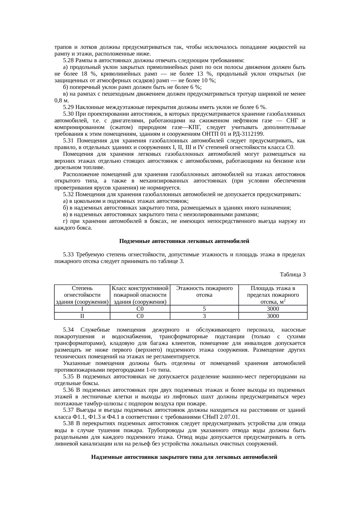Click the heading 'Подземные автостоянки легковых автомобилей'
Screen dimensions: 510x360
tap(184, 241)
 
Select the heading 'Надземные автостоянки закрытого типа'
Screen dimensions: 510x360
tap(184, 457)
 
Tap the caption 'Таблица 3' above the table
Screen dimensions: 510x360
tap(292, 274)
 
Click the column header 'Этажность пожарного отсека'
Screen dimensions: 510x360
tap(204, 291)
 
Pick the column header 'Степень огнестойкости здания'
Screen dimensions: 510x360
tap(82, 295)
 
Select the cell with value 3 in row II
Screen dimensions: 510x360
tap(204, 316)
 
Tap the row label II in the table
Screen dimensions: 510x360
tap(82, 316)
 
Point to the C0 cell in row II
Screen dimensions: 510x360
tap(140, 316)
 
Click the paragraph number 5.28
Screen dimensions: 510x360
tap(68, 60)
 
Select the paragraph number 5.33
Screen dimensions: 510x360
tap(68, 255)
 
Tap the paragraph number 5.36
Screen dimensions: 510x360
tap(68, 390)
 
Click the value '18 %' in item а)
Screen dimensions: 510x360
tap(87, 74)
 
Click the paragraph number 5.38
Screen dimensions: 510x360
tap(68, 424)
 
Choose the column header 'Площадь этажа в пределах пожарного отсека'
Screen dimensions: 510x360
tap(273, 295)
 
